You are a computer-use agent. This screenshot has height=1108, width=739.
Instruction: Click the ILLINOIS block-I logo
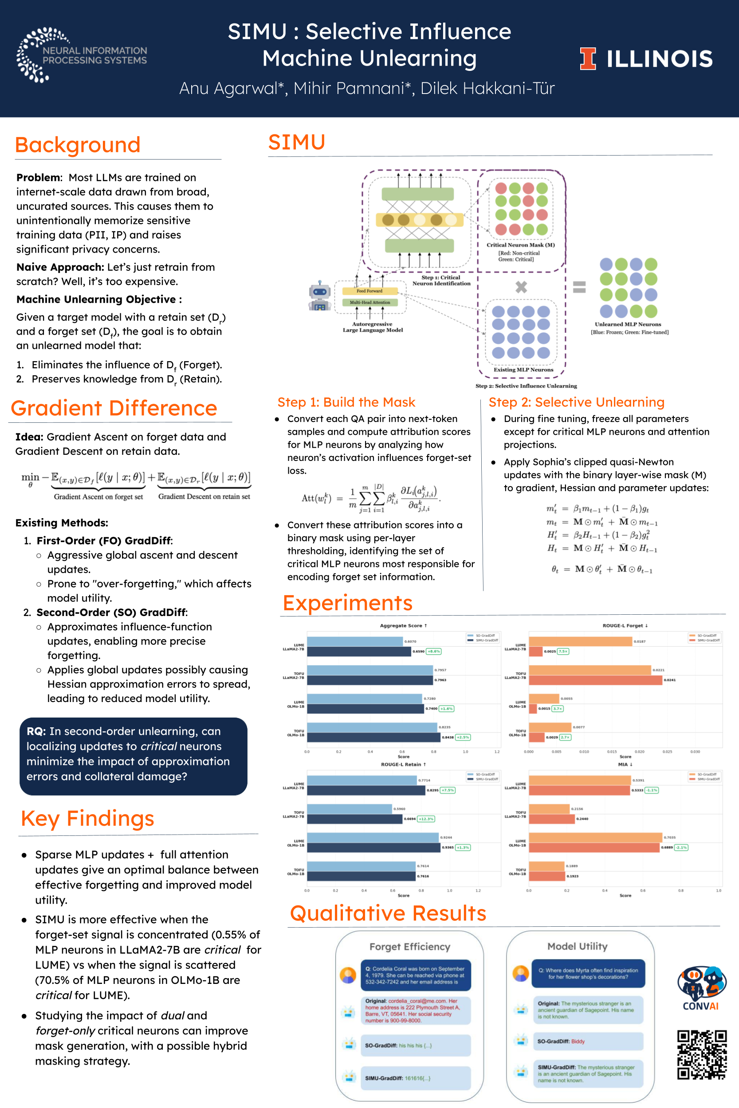[x=587, y=59]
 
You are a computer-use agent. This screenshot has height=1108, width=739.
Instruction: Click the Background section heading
[x=78, y=144]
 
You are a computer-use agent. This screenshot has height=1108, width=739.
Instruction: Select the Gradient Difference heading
[x=114, y=408]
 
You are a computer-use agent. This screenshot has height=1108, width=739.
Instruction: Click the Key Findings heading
[x=88, y=819]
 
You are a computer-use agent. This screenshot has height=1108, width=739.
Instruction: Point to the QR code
[x=701, y=1054]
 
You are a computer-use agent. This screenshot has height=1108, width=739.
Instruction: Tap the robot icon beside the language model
[x=319, y=296]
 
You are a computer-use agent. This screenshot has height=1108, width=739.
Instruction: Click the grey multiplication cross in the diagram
[x=521, y=287]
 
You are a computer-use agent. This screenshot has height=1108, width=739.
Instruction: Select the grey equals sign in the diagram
[x=579, y=287]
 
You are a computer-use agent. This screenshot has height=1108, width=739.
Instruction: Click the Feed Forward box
[x=369, y=291]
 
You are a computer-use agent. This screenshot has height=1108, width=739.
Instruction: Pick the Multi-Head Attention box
[x=369, y=302]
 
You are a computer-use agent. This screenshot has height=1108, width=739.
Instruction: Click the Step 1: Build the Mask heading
[x=346, y=402]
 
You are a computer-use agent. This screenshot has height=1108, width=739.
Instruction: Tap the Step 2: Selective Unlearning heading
[x=576, y=402]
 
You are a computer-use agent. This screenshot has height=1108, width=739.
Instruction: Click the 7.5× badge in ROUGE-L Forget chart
[x=563, y=651]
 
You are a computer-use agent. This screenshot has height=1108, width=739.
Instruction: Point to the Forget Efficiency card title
[x=409, y=947]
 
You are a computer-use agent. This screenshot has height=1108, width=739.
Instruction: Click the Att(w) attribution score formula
[x=370, y=498]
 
